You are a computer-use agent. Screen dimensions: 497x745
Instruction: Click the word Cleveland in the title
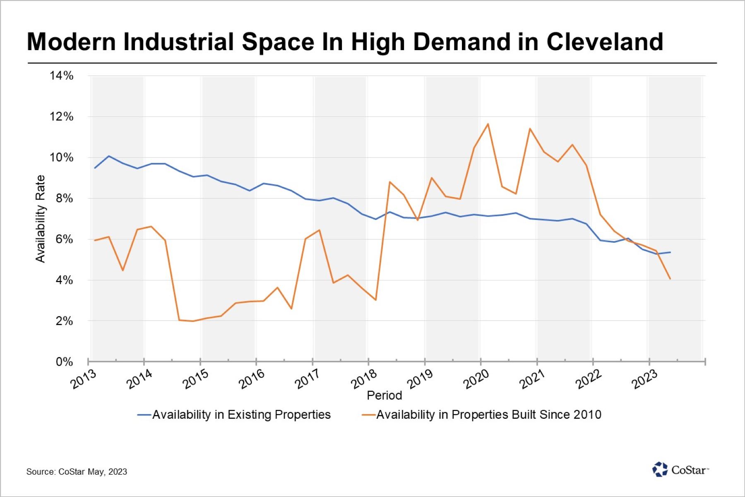(605, 42)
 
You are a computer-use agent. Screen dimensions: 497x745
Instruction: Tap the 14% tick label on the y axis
(61, 75)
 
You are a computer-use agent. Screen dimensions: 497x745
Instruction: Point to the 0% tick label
(64, 362)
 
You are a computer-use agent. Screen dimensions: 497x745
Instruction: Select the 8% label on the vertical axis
(64, 198)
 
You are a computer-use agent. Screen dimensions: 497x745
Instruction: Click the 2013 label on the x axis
(83, 379)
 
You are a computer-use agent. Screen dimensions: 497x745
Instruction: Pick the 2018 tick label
(364, 379)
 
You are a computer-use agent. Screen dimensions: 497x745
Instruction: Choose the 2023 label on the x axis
(644, 379)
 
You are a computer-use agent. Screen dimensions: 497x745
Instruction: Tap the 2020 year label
(476, 379)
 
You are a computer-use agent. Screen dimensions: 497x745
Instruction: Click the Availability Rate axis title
(40, 219)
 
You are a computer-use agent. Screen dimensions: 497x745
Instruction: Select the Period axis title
(384, 395)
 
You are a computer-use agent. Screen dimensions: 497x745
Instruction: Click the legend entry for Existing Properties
(234, 415)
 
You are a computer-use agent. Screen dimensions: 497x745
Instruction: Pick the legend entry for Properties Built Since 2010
(481, 415)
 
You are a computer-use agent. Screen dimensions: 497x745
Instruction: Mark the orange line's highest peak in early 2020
(488, 124)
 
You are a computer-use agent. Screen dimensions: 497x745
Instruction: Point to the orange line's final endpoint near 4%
(670, 279)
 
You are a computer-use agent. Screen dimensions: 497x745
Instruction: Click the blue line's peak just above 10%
(109, 156)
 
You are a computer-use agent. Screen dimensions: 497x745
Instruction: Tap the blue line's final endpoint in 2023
(670, 252)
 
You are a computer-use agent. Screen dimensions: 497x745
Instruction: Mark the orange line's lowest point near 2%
(193, 321)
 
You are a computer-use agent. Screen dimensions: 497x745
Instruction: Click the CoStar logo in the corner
(680, 470)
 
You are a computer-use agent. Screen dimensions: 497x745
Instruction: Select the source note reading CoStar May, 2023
(77, 471)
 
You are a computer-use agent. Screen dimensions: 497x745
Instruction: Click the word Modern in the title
(71, 42)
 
